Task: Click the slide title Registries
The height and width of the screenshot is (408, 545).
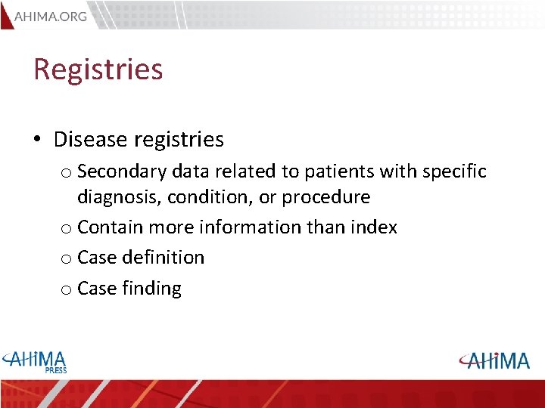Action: pyautogui.click(x=98, y=70)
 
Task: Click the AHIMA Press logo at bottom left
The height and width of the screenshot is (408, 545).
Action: pyautogui.click(x=35, y=360)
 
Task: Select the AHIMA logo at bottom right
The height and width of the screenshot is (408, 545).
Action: pyautogui.click(x=494, y=360)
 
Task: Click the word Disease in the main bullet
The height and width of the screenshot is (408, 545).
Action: pyautogui.click(x=89, y=140)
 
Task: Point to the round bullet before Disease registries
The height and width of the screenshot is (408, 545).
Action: pyautogui.click(x=38, y=141)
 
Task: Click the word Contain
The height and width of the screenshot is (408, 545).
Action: pyautogui.click(x=111, y=227)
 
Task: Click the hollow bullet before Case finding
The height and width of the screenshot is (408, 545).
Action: pyautogui.click(x=66, y=289)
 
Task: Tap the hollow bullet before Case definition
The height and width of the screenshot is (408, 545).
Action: pyautogui.click(x=66, y=258)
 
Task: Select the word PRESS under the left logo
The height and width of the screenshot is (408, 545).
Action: pyautogui.click(x=54, y=370)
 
